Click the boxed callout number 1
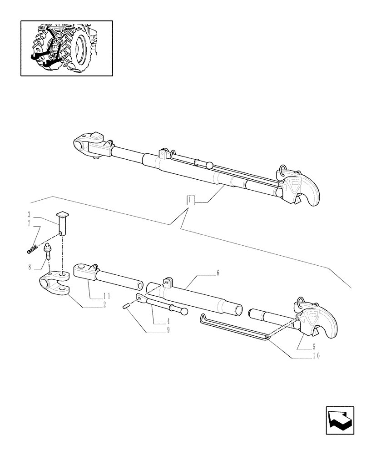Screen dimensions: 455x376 pos(191,200)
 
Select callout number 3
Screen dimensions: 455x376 pos(29,214)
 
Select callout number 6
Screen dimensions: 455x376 pos(218,273)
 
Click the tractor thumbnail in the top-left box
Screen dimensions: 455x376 pos(66,48)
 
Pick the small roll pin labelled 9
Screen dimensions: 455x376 pos(126,307)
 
